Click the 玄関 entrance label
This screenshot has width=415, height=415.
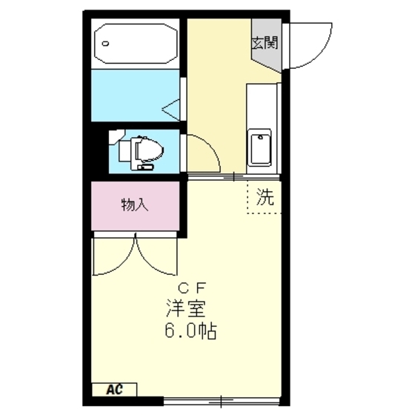[265, 42]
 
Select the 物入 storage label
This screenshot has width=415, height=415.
[135, 205]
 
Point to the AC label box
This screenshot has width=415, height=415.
[114, 389]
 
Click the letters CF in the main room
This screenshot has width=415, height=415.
[194, 288]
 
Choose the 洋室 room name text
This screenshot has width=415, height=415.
[190, 308]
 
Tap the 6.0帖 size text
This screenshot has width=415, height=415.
[190, 331]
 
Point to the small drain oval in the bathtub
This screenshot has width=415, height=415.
[106, 43]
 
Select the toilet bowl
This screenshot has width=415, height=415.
[148, 150]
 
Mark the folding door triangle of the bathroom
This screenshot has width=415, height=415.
[172, 109]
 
